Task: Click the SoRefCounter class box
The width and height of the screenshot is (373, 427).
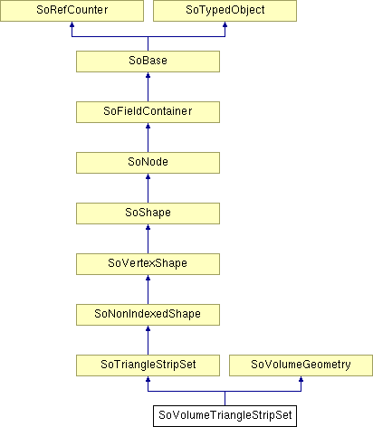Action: point(72,11)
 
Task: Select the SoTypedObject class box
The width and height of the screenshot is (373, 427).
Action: point(225,11)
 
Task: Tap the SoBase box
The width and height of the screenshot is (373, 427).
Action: point(148,62)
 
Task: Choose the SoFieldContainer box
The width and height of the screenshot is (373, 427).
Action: point(148,112)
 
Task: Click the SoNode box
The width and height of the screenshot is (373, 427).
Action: point(148,163)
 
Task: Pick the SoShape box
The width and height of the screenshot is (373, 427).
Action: point(148,213)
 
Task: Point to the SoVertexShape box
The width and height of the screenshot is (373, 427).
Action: point(148,264)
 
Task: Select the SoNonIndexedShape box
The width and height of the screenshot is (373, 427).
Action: point(148,315)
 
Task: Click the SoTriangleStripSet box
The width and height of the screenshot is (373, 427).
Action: point(148,365)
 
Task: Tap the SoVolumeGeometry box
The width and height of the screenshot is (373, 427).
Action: point(301,365)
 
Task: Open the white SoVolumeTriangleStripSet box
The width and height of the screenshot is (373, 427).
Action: point(225,416)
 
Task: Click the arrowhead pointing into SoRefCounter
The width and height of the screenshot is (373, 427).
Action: point(72,24)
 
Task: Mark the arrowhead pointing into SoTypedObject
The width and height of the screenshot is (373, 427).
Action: point(225,24)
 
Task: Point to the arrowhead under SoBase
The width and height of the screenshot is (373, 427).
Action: point(148,75)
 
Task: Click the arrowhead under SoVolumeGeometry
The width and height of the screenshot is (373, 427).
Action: point(301,379)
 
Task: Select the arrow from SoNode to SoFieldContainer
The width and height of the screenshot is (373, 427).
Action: point(148,138)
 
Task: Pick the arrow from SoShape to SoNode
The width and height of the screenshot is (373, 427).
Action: point(148,188)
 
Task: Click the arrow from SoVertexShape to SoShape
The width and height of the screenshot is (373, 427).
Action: point(148,239)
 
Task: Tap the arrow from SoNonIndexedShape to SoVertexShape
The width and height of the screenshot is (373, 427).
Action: point(148,289)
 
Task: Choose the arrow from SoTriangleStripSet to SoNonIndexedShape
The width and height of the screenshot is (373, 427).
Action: point(148,340)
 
